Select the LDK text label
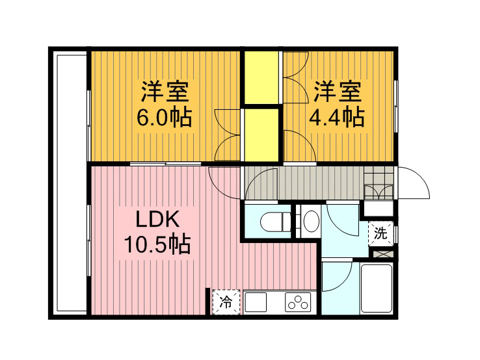coord(157,219)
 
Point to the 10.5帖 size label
coord(157,244)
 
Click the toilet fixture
coord(275,222)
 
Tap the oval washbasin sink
coord(311,220)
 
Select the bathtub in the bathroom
coord(377,289)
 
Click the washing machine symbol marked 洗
coord(380,234)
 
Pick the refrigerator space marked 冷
coord(226,302)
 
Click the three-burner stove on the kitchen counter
coord(297,302)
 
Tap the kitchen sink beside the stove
coord(256,302)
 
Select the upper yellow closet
coord(261,78)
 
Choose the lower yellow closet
coord(261,135)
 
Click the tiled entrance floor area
coord(379,183)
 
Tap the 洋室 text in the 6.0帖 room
coord(165,92)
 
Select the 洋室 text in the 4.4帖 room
coord(337,92)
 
